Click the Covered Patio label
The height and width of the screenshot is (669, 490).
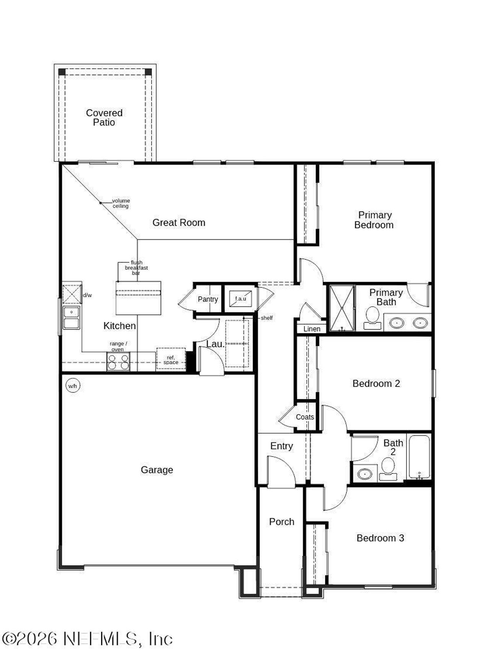coord(104,117)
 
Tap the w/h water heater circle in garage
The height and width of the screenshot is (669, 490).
coord(73,386)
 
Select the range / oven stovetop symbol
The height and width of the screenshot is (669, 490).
coord(118,362)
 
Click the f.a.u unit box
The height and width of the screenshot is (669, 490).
coord(240,299)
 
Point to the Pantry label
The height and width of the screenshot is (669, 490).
coord(208,299)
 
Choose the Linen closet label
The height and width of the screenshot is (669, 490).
coord(312,329)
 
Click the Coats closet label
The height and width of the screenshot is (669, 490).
coord(305,417)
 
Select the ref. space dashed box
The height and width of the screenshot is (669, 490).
coord(171,359)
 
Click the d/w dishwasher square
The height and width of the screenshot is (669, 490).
coord(72,294)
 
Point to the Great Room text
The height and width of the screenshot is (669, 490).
coord(179,222)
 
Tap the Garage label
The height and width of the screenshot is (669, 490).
coord(157,470)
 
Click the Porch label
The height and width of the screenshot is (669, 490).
coord(281,522)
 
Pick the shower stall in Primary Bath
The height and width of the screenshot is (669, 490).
coord(342,308)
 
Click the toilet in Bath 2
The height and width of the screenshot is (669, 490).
coord(388,468)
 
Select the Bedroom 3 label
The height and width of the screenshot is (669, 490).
coord(380,538)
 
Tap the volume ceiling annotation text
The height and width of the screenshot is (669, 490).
coord(121,203)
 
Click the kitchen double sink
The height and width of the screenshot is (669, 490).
coord(72,318)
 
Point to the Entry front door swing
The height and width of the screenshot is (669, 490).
coord(281,472)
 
